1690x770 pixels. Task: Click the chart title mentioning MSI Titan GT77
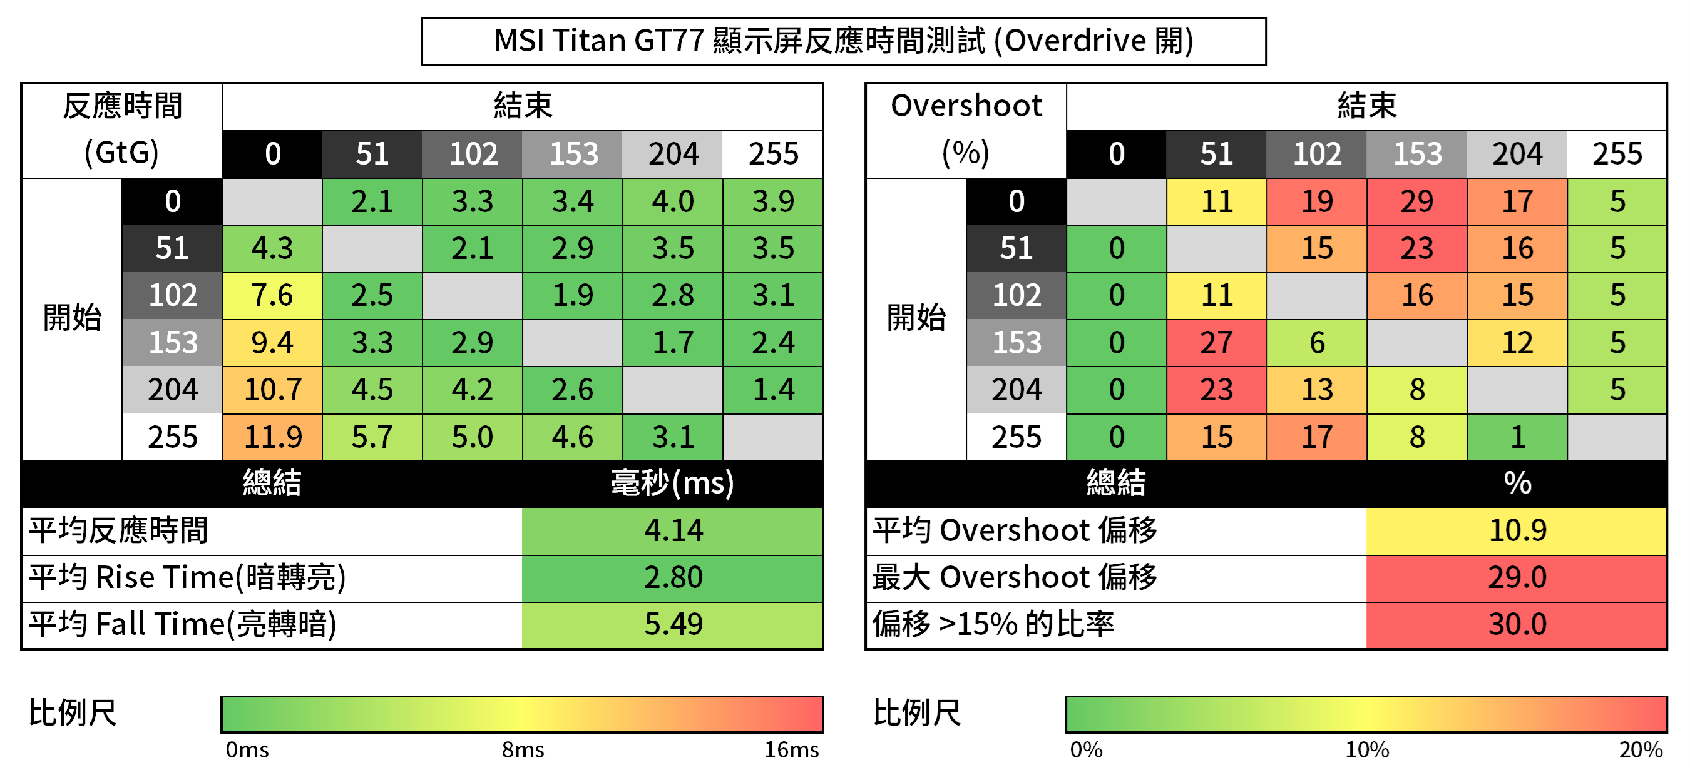[843, 41]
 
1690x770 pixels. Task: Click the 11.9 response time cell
[272, 437]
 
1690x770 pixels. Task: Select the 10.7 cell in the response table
[272, 390]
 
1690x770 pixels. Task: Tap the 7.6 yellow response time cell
[272, 295]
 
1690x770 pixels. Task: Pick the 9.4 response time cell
[272, 342]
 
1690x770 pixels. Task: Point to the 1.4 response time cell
[773, 390]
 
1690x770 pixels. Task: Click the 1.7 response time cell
[672, 342]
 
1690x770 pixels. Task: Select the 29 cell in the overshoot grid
[1416, 201]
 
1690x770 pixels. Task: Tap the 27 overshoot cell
[1216, 342]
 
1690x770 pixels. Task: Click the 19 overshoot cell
[1317, 201]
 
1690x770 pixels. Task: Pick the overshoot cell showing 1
[1517, 437]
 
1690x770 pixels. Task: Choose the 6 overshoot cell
[1317, 342]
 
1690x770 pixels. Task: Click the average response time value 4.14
[672, 530]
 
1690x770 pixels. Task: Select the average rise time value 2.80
[672, 577]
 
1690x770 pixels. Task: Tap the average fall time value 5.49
[672, 624]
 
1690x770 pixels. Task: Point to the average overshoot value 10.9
[1517, 530]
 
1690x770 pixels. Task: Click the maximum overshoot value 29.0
[1517, 577]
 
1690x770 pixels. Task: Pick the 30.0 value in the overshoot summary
[1517, 624]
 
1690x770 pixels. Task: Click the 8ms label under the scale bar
[523, 749]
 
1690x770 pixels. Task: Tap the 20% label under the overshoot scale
[1640, 749]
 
